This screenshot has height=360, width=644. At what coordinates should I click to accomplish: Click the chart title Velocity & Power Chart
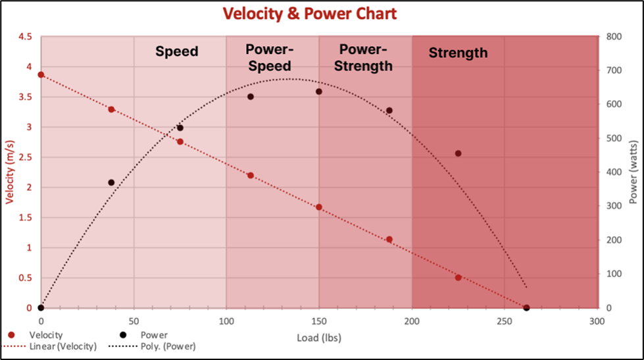coord(309,13)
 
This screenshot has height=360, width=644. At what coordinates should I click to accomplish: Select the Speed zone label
coord(176,52)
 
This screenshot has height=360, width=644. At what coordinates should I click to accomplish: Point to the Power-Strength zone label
coord(365,58)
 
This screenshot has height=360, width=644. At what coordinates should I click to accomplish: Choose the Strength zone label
coord(458,53)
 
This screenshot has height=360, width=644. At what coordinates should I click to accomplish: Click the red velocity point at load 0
coord(41,75)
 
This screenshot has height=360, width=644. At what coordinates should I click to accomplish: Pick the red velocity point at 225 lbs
coord(458,278)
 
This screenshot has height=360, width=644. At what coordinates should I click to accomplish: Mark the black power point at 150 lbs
coord(319,91)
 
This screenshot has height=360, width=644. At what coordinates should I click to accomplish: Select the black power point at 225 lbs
coord(458,153)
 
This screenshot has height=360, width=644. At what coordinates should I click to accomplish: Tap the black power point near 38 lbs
coord(111,182)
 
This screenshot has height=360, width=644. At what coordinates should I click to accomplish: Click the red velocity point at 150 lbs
coord(319,207)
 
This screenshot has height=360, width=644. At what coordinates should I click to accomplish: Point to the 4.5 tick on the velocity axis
coord(25,38)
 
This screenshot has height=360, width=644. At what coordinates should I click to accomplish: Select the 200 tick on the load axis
coord(412,322)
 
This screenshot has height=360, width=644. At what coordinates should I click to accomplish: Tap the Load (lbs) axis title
coord(318,337)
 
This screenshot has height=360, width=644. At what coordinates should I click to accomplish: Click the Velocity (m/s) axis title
coord(10,172)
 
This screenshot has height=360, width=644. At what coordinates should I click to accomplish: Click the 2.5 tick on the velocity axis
coord(25,158)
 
